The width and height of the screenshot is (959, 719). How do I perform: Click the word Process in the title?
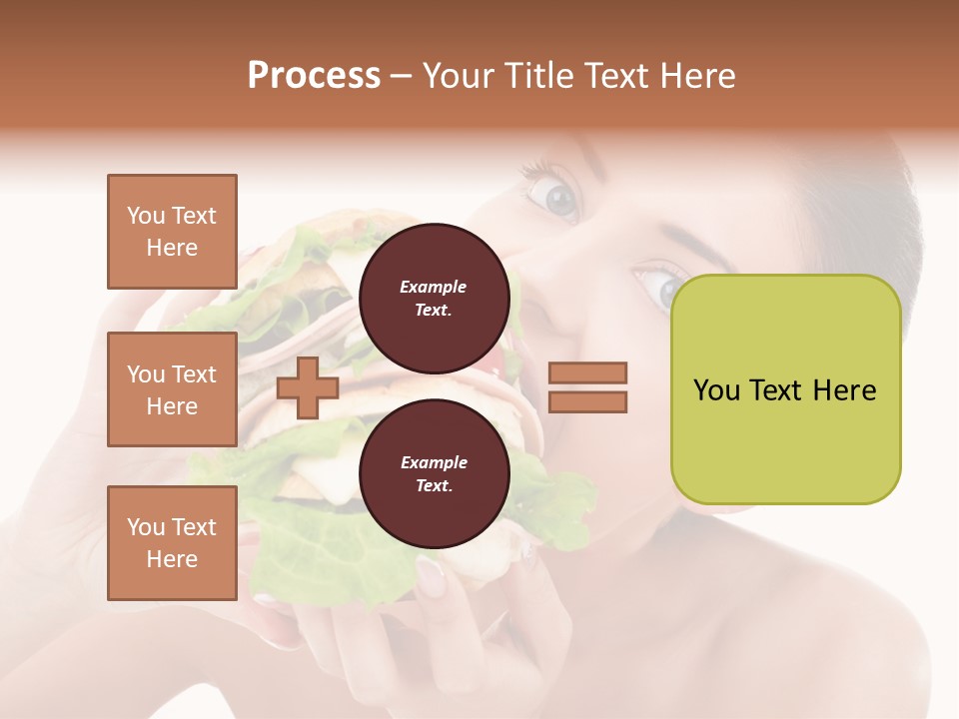pyautogui.click(x=314, y=76)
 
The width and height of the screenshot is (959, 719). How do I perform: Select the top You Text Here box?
pyautogui.click(x=172, y=232)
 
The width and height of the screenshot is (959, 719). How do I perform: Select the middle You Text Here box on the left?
pyautogui.click(x=172, y=389)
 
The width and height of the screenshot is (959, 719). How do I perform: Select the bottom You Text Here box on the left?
pyautogui.click(x=172, y=543)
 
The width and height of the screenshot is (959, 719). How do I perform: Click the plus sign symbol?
pyautogui.click(x=308, y=387)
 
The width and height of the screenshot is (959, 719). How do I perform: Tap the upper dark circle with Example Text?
pyautogui.click(x=434, y=298)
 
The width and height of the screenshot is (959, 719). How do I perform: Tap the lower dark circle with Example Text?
pyautogui.click(x=434, y=474)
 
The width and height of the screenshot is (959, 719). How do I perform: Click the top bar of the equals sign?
pyautogui.click(x=588, y=373)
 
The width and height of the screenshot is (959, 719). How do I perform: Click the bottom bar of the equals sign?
pyautogui.click(x=588, y=401)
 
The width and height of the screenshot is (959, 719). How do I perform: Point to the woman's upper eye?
pyautogui.click(x=556, y=197)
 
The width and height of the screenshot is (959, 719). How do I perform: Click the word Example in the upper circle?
pyautogui.click(x=434, y=287)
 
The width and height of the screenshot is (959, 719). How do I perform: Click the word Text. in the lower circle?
pyautogui.click(x=434, y=486)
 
